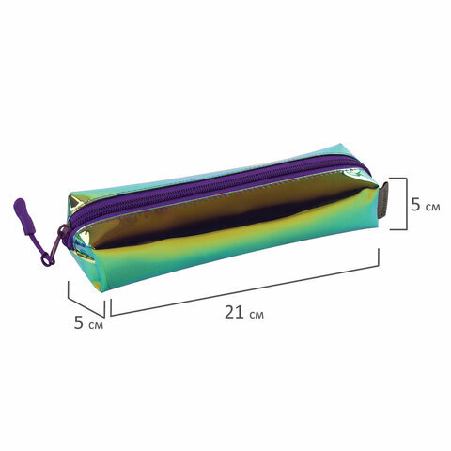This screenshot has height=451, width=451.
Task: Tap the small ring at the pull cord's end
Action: tap(46, 260)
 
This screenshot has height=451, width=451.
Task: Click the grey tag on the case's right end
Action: tap(384, 200)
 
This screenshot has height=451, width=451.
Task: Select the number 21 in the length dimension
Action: tap(234, 312)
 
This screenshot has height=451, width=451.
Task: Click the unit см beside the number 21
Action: tap(257, 315)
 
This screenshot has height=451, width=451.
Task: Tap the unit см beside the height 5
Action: tap(433, 207)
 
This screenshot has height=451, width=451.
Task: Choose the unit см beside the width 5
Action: tap(96, 325)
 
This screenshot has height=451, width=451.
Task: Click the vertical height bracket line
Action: tap(407, 204)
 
